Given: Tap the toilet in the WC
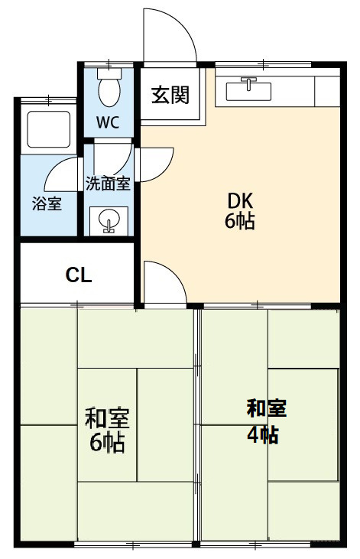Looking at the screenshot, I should [109, 87].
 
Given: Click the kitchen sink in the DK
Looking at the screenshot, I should [249, 91].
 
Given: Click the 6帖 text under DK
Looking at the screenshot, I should [239, 223].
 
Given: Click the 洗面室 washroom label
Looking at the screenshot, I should [108, 183].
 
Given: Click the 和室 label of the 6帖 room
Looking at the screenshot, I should [107, 419].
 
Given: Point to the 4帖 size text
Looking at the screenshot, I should [262, 435].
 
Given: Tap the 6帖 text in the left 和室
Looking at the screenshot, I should [107, 443].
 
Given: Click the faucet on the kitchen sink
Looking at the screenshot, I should [249, 81].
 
